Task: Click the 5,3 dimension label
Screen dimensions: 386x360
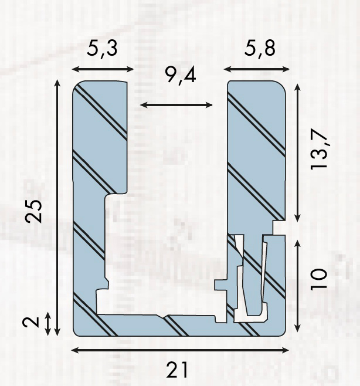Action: (102, 49)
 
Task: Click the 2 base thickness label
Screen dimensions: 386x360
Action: (35, 321)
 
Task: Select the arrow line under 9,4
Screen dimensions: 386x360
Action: (176, 105)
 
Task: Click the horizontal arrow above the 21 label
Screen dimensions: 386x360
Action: (180, 350)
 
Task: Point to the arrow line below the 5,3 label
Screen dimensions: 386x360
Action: (102, 69)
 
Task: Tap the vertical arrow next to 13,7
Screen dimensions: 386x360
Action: (298, 153)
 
